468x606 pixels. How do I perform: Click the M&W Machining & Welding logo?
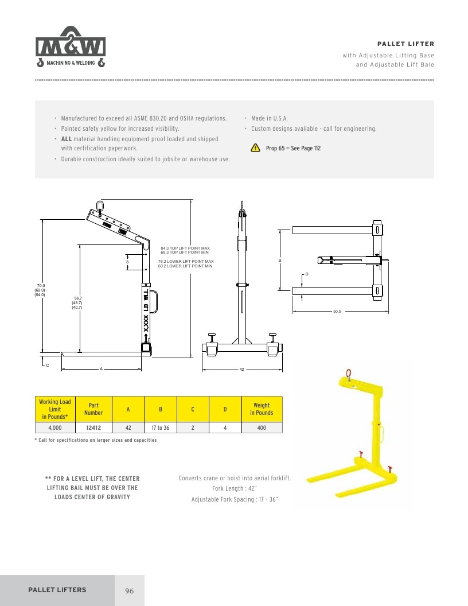click(x=71, y=46)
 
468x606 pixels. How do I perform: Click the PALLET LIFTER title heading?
click(x=405, y=44)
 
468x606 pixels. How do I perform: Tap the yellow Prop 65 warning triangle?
click(x=255, y=147)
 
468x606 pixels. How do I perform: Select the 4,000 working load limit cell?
click(x=55, y=428)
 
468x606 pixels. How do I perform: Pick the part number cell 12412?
click(x=93, y=428)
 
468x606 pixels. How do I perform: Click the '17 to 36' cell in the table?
click(x=160, y=428)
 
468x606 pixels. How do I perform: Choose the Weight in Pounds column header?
click(x=262, y=409)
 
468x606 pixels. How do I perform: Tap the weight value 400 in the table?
click(x=262, y=428)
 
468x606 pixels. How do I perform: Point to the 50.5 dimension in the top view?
click(x=337, y=311)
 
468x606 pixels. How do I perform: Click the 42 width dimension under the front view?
click(x=241, y=370)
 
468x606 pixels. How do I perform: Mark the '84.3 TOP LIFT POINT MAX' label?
click(x=185, y=248)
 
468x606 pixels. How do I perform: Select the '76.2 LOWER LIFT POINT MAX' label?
click(x=186, y=261)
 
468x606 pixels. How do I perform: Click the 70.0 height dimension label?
click(x=41, y=286)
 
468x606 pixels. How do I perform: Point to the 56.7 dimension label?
click(x=78, y=298)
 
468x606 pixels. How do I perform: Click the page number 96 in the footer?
click(x=130, y=591)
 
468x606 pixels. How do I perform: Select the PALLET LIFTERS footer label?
click(x=57, y=590)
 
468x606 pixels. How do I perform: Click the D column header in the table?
click(x=225, y=409)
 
